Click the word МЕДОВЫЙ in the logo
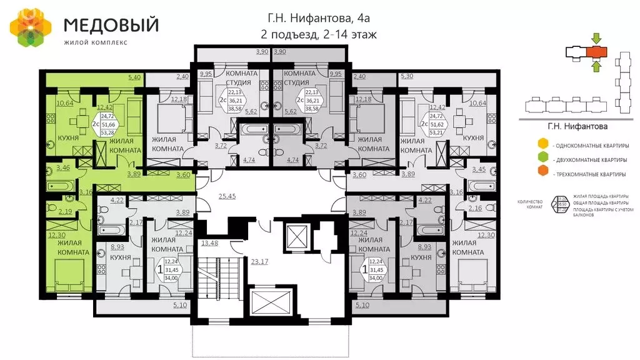coord(111,25)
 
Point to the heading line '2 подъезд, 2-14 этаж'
coord(319,34)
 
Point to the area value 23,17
coord(259,261)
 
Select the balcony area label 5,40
coord(134,77)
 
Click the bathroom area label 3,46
coord(63,168)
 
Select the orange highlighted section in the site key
coord(597,51)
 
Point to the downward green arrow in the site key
coord(596,37)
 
